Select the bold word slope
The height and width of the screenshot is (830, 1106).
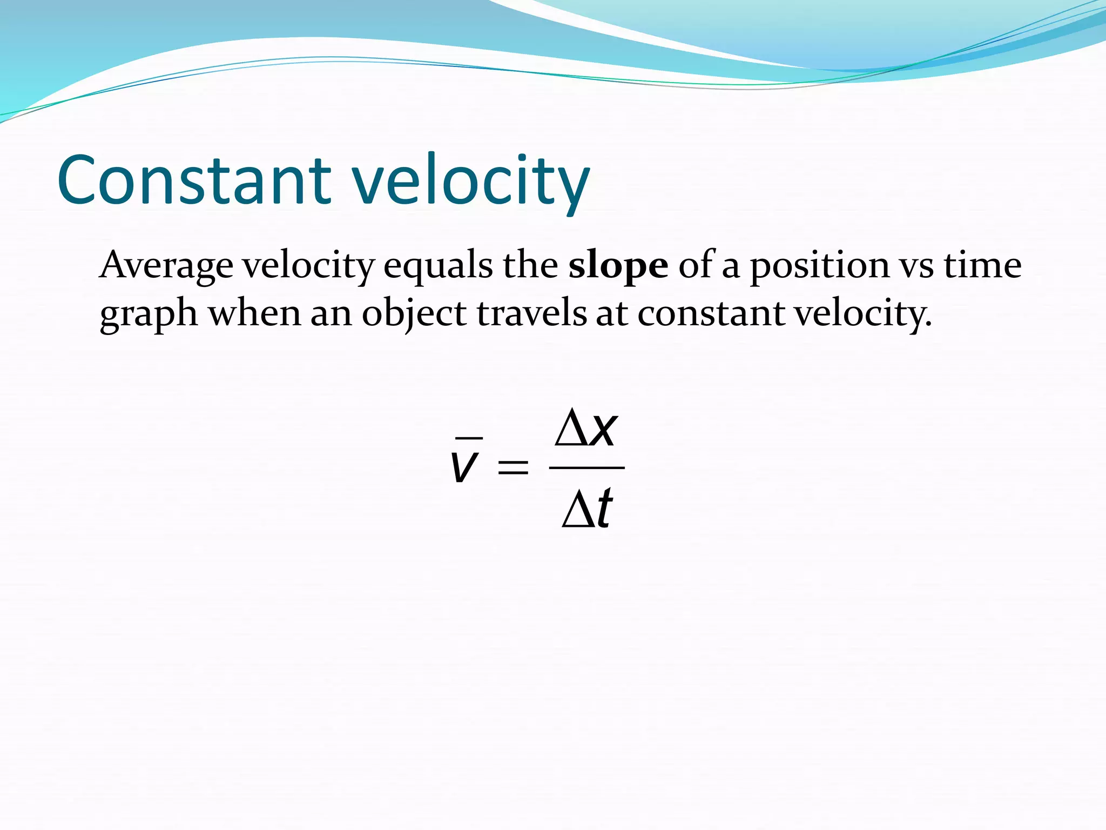coord(618,266)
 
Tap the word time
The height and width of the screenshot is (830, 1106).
coord(982,266)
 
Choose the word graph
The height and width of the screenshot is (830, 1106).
coord(149,314)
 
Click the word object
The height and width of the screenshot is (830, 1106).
coord(414,314)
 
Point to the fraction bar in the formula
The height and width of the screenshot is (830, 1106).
coord(586,468)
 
